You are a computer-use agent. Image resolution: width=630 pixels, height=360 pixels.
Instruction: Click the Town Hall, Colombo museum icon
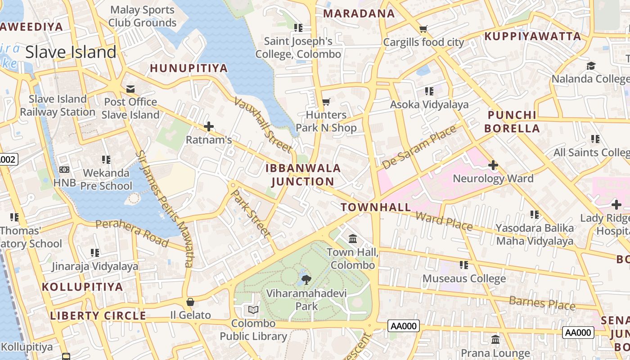[353, 238]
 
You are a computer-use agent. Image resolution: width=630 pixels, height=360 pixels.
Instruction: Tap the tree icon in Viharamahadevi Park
[306, 279]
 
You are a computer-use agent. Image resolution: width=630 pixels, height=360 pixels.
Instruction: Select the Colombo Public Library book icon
[253, 310]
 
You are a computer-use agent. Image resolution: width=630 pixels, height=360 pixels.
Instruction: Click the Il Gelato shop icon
[190, 301]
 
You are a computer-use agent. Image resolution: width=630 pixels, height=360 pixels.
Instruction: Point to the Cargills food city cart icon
[423, 29]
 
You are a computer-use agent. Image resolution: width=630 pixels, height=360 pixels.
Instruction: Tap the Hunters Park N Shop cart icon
[326, 102]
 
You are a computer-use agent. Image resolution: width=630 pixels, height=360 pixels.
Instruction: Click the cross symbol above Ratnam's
[208, 126]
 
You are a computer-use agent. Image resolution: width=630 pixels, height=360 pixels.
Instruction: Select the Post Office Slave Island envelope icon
[130, 89]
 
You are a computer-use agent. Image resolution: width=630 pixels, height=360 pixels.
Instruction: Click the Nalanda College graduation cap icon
[591, 66]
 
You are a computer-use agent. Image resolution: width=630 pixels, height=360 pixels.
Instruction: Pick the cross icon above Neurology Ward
[493, 165]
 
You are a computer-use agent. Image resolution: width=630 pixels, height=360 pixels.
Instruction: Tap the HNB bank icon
[64, 170]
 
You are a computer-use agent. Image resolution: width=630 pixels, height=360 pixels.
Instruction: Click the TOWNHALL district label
[376, 207]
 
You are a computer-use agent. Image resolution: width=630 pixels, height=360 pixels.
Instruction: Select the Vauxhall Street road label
[263, 125]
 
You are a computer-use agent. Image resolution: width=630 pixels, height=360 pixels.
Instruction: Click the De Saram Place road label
[418, 147]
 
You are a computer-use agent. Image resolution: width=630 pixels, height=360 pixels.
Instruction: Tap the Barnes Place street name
[542, 303]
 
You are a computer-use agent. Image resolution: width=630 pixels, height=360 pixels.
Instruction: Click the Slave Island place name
[71, 52]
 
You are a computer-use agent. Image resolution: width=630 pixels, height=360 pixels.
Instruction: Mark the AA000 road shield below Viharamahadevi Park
[403, 326]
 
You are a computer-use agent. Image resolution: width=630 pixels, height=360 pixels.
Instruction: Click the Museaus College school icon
[463, 265]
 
